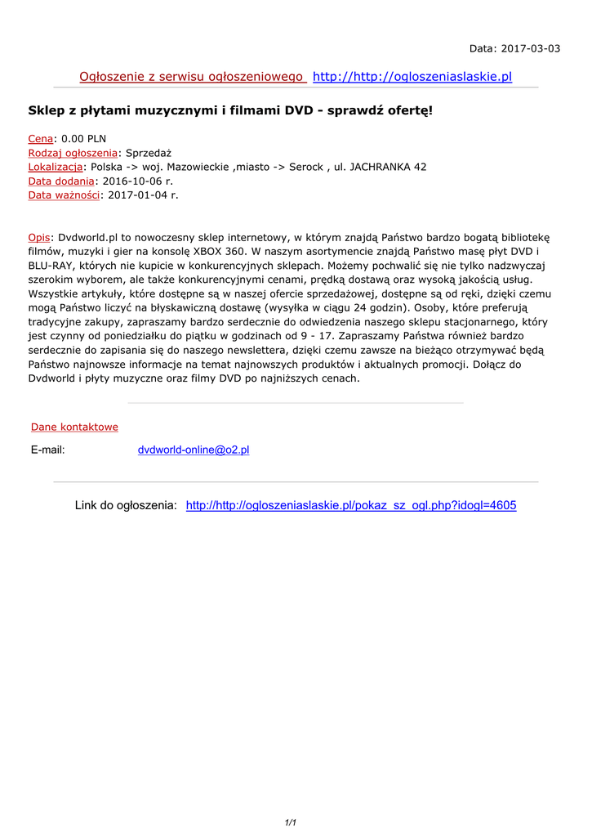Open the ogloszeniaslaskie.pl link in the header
point(412,77)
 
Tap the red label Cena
point(41,139)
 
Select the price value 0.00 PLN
point(84,139)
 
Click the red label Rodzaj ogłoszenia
point(73,153)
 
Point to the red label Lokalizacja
point(56,167)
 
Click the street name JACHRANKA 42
point(388,167)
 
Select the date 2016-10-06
point(132,181)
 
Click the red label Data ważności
point(64,195)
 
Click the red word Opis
point(38,237)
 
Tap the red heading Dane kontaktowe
point(74,427)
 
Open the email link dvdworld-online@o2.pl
point(194,450)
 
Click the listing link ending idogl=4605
point(351,506)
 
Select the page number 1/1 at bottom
point(290,822)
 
